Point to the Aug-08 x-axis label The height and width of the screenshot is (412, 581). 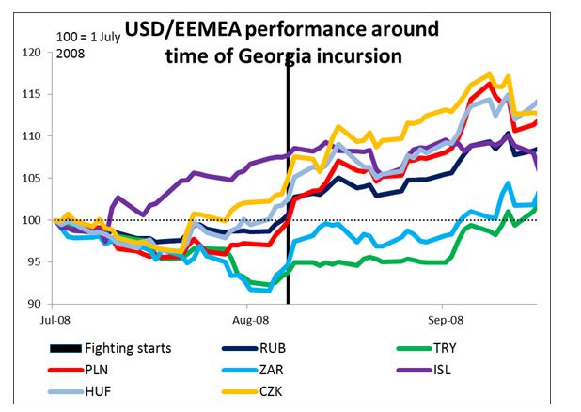(x=248, y=320)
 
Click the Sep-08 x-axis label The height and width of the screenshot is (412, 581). (x=442, y=320)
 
